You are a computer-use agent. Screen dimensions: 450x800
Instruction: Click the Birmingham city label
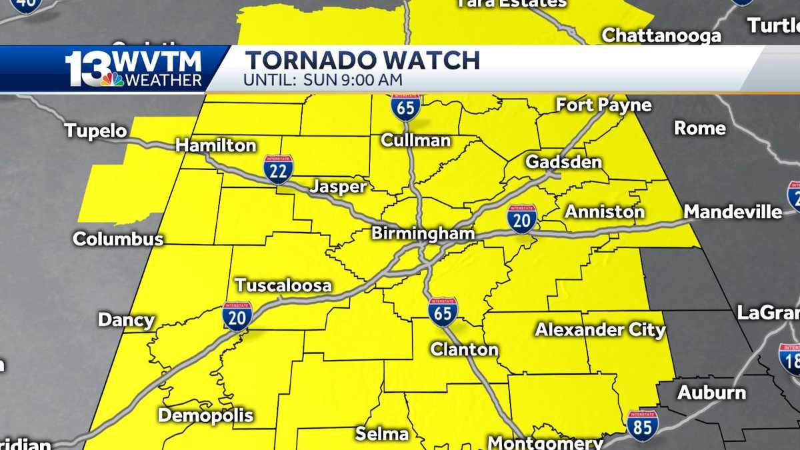click(x=423, y=233)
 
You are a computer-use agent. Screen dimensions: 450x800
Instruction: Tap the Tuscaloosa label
click(x=283, y=285)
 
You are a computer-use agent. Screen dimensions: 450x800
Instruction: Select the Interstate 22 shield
click(x=278, y=169)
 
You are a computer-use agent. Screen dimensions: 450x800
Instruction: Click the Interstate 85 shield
click(x=642, y=425)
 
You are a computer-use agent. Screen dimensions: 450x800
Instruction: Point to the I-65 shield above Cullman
click(x=405, y=106)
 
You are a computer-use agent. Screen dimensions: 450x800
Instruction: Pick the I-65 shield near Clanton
click(x=443, y=311)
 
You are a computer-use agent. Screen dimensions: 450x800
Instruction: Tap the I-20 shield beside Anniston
click(x=521, y=219)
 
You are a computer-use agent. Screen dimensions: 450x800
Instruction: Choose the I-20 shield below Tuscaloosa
click(x=237, y=316)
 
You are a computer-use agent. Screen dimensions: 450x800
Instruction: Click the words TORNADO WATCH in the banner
click(x=363, y=61)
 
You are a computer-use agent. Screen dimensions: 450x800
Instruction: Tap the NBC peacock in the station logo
click(x=112, y=79)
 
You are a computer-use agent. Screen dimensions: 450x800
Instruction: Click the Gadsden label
click(x=563, y=162)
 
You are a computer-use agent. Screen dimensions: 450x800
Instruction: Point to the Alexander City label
click(x=600, y=329)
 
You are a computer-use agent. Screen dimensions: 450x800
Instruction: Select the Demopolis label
click(x=205, y=415)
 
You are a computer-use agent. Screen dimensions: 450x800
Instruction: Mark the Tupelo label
click(x=96, y=131)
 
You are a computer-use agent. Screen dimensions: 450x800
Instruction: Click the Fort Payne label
click(x=603, y=105)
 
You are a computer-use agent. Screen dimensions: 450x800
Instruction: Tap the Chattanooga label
click(x=661, y=35)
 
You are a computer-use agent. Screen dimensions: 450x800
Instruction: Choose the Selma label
click(x=382, y=434)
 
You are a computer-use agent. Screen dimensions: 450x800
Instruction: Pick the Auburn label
click(x=711, y=393)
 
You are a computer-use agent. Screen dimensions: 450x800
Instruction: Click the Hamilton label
click(x=215, y=145)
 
